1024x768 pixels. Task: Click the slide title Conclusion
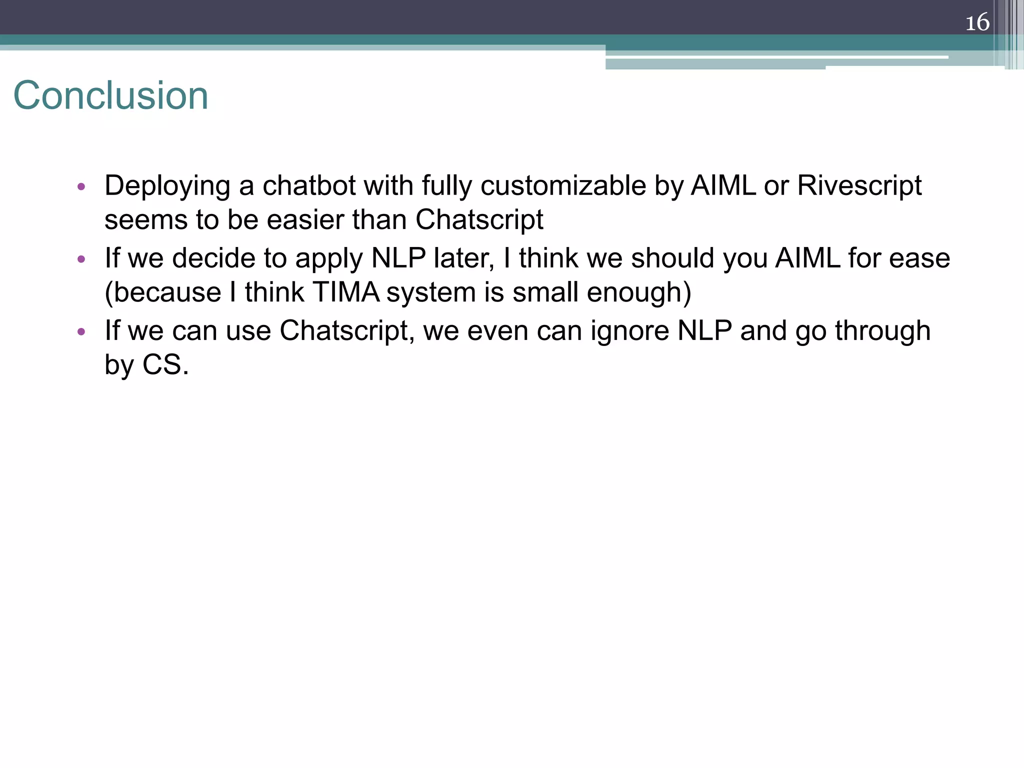pos(110,95)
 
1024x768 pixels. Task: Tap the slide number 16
pos(977,22)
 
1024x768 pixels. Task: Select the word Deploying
pos(167,186)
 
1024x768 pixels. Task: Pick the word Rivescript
pos(859,186)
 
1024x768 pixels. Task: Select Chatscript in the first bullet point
pos(479,220)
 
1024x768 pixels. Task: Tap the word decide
pos(213,258)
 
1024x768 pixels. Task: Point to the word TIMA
pos(345,292)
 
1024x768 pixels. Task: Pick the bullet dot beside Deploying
pos(81,187)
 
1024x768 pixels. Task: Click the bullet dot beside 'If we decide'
pos(81,259)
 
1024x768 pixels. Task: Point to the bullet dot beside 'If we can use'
pos(81,332)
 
